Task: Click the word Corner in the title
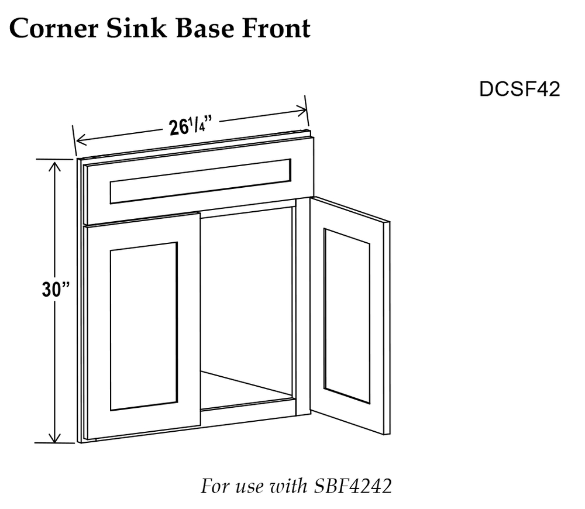(x=54, y=28)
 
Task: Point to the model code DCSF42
(x=519, y=90)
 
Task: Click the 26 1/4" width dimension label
(x=191, y=126)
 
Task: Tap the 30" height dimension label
(x=56, y=289)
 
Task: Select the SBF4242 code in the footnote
(x=353, y=486)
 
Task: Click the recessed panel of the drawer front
(x=200, y=181)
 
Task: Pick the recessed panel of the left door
(x=144, y=326)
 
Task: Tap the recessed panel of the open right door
(x=347, y=316)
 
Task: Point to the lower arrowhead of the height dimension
(x=55, y=437)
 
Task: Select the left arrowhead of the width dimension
(x=81, y=140)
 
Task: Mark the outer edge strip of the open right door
(x=387, y=328)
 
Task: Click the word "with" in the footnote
(x=289, y=486)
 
